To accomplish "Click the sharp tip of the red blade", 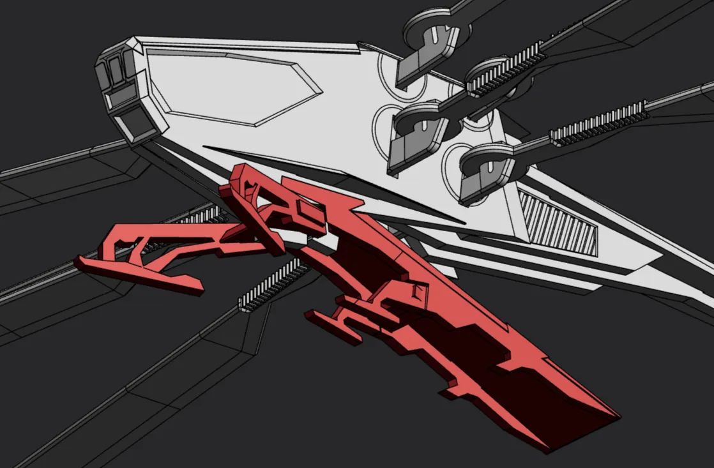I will (617, 416).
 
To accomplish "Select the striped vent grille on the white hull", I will (559, 223).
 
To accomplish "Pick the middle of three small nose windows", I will (117, 70).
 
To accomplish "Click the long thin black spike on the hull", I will (332, 182).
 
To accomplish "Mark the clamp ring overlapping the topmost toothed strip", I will (489, 70).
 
